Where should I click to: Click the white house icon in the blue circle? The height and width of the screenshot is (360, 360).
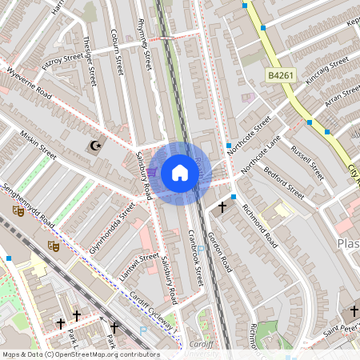tap(180, 173)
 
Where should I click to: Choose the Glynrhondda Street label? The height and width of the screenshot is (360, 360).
tap(113, 228)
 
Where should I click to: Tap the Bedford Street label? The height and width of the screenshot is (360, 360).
tap(284, 183)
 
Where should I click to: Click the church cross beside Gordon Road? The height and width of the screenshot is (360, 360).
tap(222, 207)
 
